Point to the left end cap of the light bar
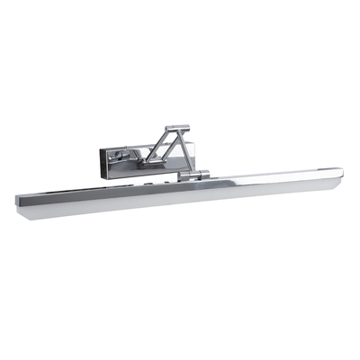tap(20, 200)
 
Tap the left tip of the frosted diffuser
tap(22, 210)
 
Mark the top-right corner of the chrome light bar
tap(341, 168)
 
